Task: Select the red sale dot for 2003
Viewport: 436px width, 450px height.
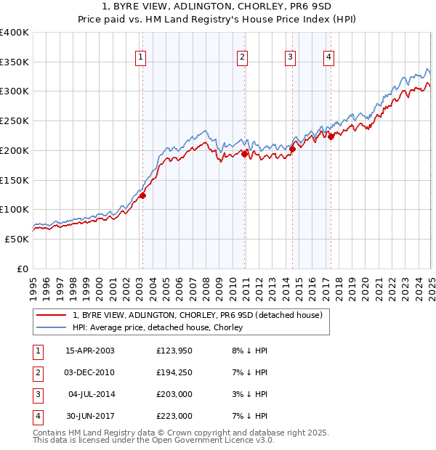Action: pos(143,195)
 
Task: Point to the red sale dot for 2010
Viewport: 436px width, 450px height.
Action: pos(245,153)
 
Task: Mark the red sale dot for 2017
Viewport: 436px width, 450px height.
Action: pos(331,136)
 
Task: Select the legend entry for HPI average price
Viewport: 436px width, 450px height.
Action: pos(157,327)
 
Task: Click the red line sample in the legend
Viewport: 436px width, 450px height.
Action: pos(51,315)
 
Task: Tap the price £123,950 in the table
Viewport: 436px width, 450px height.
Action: pos(174,351)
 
